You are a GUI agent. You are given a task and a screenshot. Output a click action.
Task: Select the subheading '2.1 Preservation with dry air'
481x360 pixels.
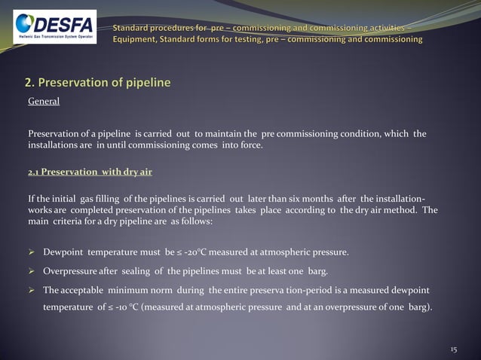tap(90, 172)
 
